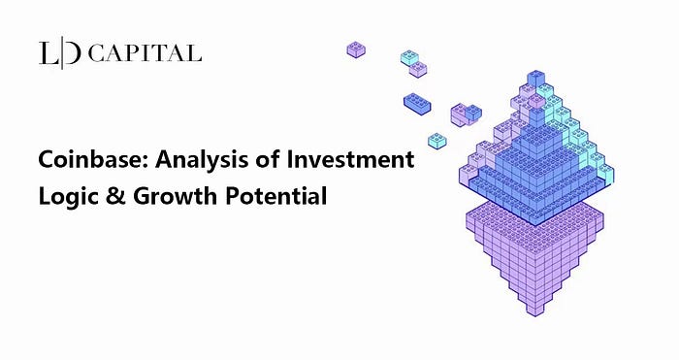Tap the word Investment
(x=350, y=159)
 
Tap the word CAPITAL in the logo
(x=145, y=53)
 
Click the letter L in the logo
(x=48, y=53)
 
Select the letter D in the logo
(x=73, y=53)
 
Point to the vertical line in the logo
(x=61, y=54)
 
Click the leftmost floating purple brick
(x=356, y=49)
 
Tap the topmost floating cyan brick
(x=409, y=57)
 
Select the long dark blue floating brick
(x=417, y=104)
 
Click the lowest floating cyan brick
(x=437, y=141)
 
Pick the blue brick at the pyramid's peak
(x=535, y=79)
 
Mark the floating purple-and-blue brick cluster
(x=466, y=115)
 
